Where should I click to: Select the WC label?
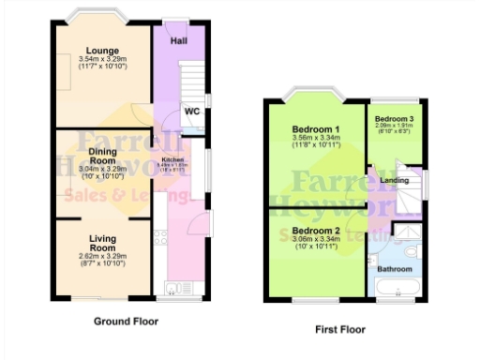pyautogui.click(x=192, y=112)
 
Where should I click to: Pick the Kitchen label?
pyautogui.click(x=175, y=159)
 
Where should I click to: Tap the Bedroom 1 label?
pyautogui.click(x=314, y=129)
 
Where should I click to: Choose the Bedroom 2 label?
pyautogui.click(x=314, y=230)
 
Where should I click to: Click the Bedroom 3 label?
pyautogui.click(x=394, y=120)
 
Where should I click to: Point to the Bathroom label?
pyautogui.click(x=395, y=267)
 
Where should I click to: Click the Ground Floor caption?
pyautogui.click(x=127, y=321)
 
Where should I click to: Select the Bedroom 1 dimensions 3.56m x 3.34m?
pyautogui.click(x=314, y=139)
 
